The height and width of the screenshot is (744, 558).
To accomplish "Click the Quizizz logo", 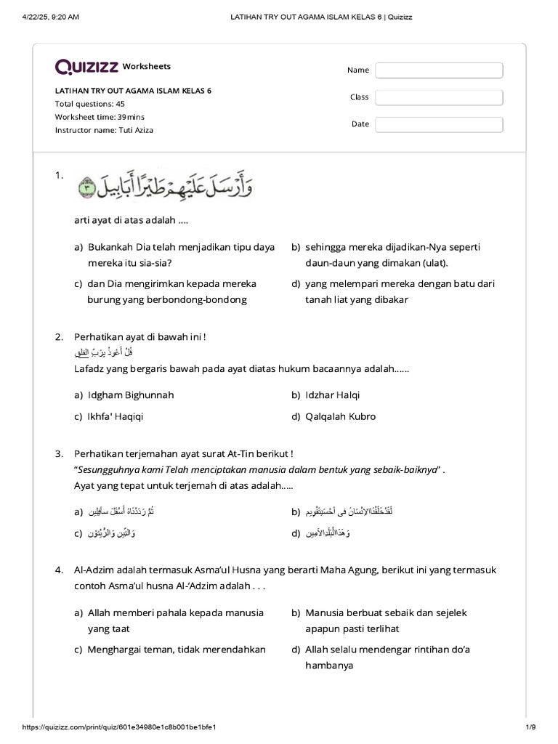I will click(86, 67).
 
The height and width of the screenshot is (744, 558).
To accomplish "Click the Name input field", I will click(439, 70).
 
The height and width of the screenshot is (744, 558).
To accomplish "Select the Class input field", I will click(439, 97).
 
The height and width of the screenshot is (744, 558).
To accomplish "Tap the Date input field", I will click(439, 124).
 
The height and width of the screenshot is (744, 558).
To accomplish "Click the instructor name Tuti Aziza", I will click(104, 130).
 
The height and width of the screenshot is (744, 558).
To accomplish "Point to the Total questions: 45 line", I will click(90, 104).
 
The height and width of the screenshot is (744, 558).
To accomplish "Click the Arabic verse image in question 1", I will click(165, 186).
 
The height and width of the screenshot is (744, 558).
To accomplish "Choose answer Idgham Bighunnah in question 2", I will click(130, 395).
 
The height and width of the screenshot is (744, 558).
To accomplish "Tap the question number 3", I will click(59, 454).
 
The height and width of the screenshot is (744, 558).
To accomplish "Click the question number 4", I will click(59, 570).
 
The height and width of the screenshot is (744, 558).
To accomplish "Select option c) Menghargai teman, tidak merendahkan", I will click(176, 650).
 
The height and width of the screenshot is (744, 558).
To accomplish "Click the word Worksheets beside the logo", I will click(147, 66).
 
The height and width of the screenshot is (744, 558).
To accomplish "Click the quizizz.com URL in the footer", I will click(119, 727).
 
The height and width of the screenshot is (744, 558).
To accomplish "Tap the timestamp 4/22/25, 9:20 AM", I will click(51, 17).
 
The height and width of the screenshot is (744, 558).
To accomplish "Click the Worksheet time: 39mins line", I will click(100, 117).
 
